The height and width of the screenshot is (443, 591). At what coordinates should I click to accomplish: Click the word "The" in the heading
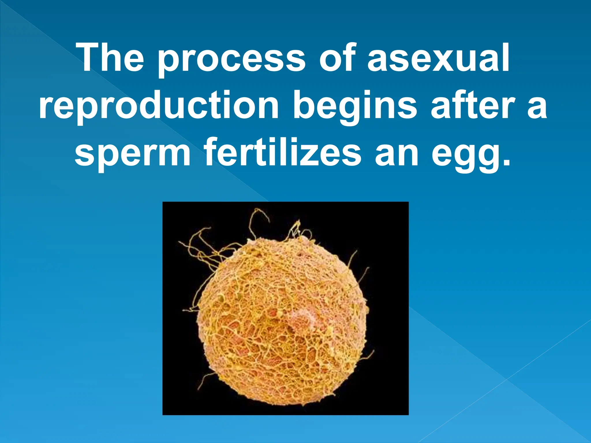coord(111,58)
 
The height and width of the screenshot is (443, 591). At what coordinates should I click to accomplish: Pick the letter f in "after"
coord(456,104)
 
